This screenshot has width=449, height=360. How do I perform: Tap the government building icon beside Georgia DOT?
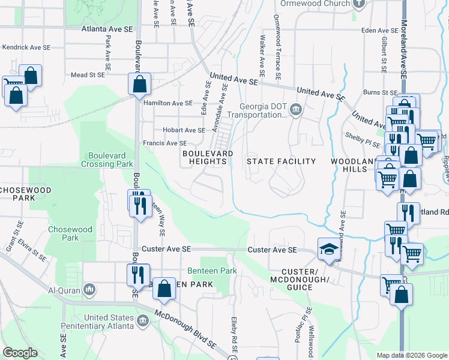coord(296,110)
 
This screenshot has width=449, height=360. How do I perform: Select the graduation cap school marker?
coord(329,249)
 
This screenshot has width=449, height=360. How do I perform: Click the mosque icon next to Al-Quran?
coord(89,290)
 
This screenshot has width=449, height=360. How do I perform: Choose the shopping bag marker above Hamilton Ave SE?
coord(139,85)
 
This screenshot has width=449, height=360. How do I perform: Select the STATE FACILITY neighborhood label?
coord(281,161)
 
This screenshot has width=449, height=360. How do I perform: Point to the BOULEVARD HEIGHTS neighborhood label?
coord(208,158)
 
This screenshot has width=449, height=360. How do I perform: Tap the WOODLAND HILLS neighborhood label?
coord(348,165)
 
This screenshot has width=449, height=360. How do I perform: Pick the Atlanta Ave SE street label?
coord(107,29)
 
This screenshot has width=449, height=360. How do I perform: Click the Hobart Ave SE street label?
coord(184,130)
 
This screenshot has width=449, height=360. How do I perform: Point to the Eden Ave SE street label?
coord(380,30)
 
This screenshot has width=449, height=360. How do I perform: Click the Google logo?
coord(20,353)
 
